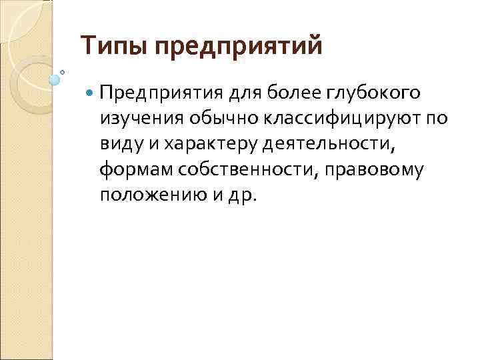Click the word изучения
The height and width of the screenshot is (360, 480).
click(x=139, y=119)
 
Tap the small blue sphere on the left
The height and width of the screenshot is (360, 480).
click(x=55, y=79)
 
